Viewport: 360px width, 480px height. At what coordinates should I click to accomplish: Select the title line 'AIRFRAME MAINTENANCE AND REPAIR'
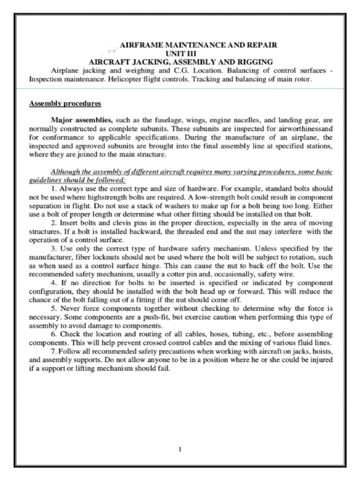[x=199, y=45]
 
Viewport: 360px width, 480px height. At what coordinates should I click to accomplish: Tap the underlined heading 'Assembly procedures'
[x=65, y=103]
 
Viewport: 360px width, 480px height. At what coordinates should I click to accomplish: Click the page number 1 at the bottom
[x=180, y=449]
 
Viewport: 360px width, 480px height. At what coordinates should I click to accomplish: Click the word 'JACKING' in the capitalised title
[x=146, y=62]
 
